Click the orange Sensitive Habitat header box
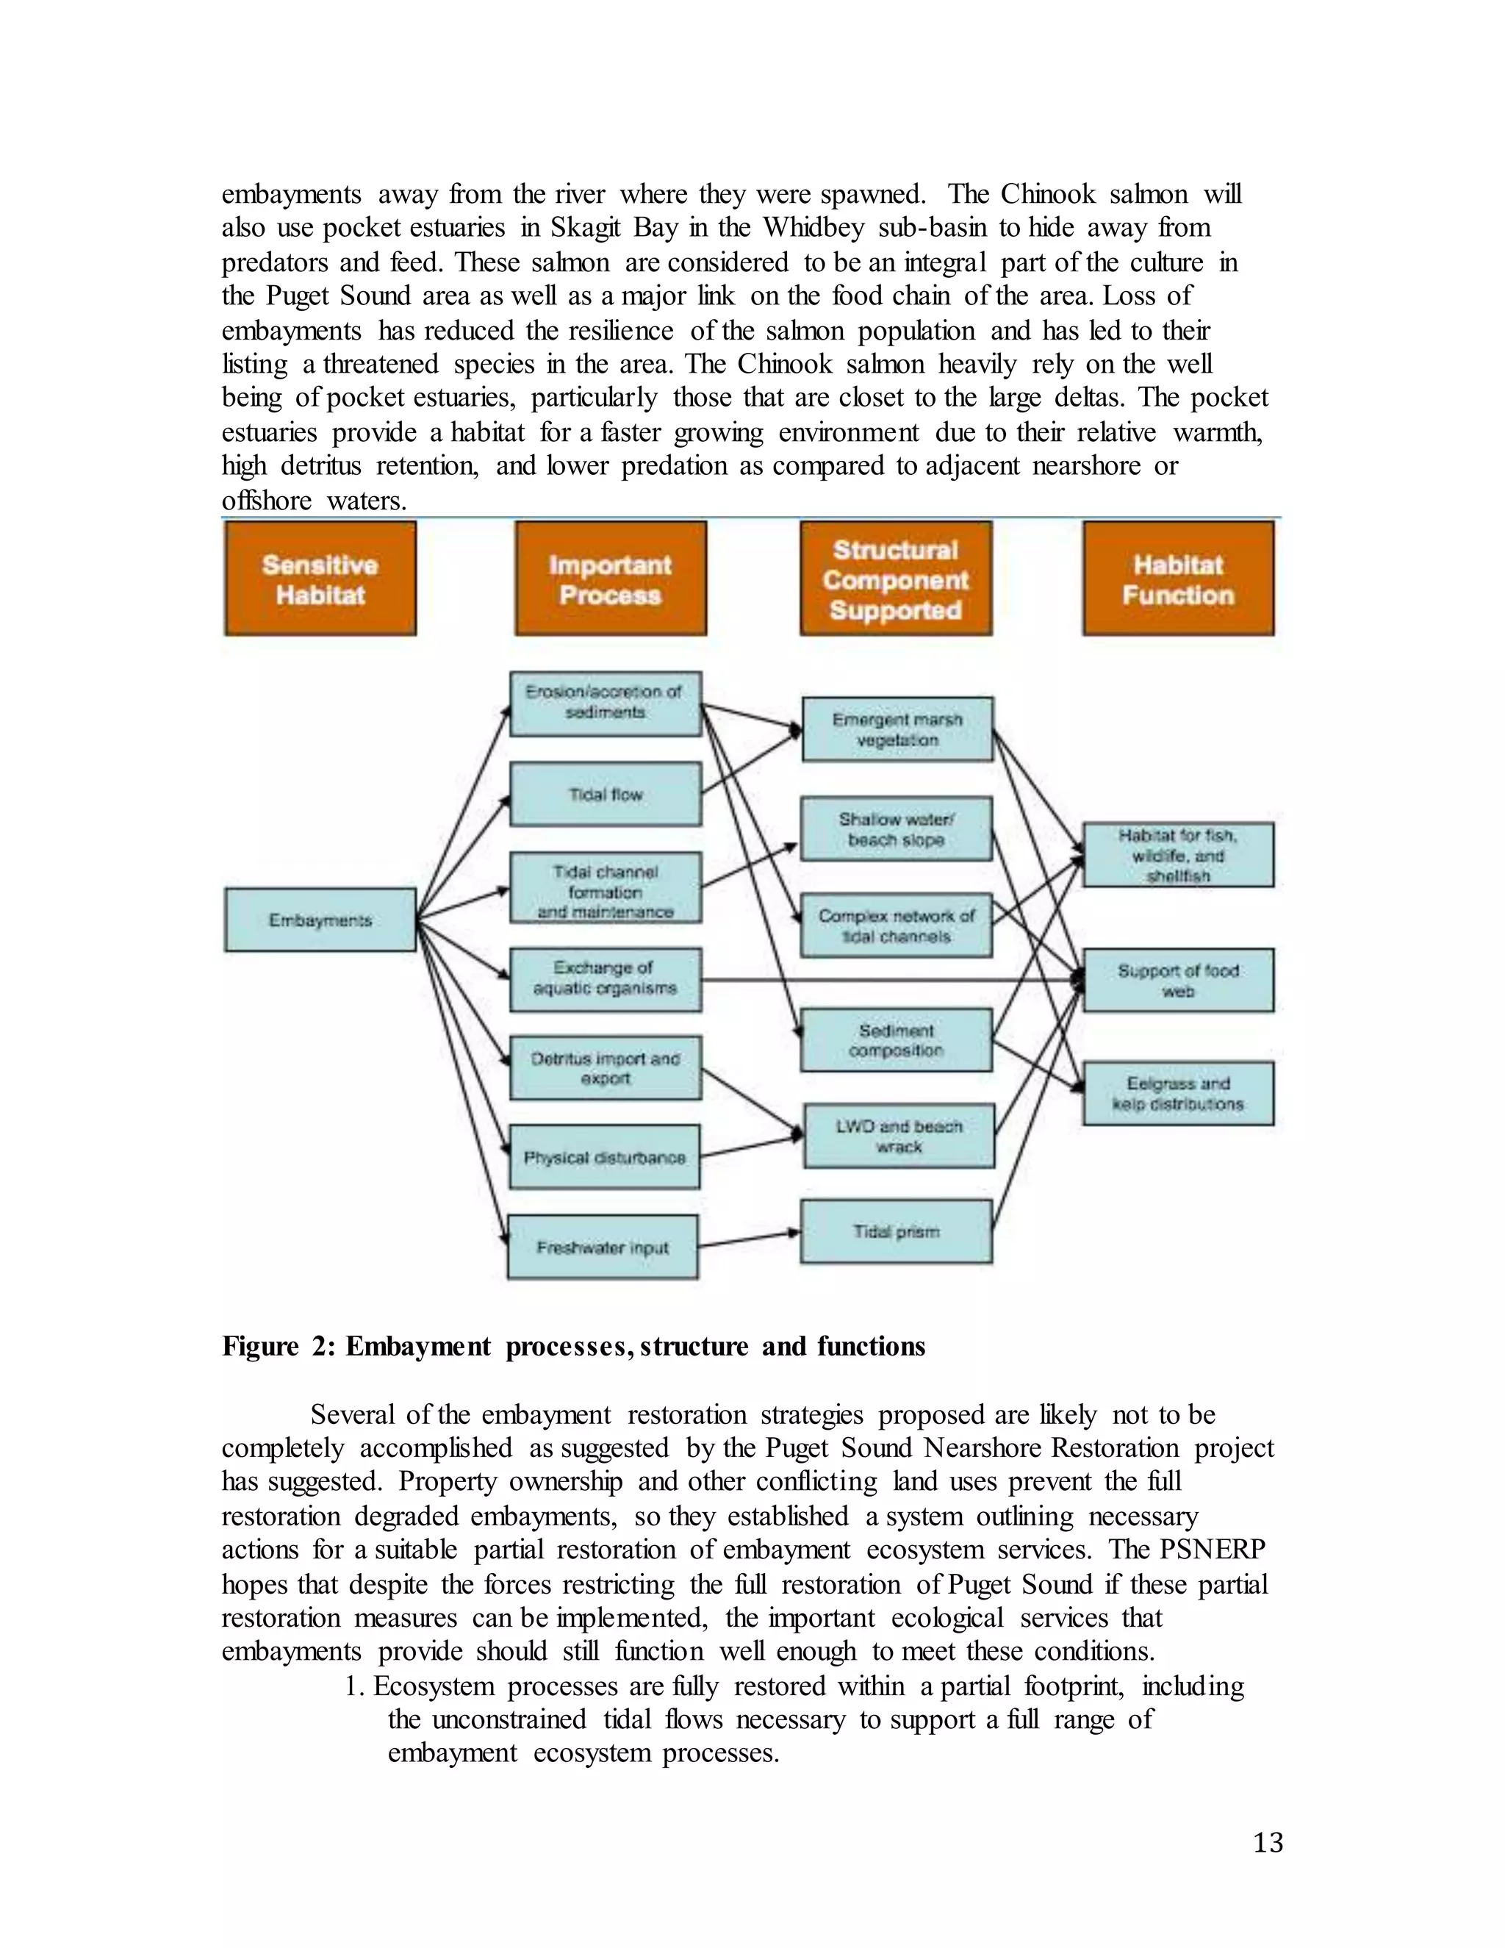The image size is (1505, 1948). (320, 579)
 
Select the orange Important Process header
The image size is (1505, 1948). (610, 579)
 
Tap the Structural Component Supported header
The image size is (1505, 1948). (895, 579)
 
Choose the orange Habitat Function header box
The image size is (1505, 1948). (1178, 579)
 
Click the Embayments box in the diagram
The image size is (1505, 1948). (320, 920)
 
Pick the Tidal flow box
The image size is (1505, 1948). (606, 794)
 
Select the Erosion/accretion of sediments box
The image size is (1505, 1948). (606, 703)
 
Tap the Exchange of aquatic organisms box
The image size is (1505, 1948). (606, 978)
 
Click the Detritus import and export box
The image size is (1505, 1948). (606, 1067)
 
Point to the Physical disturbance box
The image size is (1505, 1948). (605, 1157)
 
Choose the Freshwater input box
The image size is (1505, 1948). (603, 1247)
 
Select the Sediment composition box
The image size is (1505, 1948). (896, 1040)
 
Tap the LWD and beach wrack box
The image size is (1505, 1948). (899, 1136)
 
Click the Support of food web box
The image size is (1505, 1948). (1178, 980)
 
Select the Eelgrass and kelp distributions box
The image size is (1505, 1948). (1178, 1094)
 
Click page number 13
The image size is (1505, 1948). (1268, 1843)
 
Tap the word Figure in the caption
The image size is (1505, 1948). (259, 1346)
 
